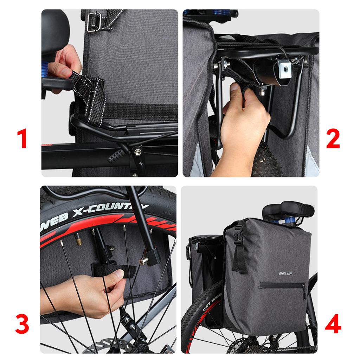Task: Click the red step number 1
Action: (x=23, y=139)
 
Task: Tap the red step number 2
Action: (x=333, y=139)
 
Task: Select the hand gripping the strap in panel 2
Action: (x=243, y=123)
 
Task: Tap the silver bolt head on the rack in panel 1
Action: (x=136, y=152)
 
